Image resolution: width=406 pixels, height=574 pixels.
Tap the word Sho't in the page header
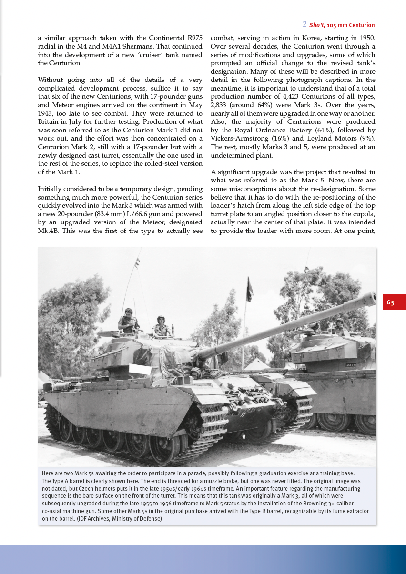316,25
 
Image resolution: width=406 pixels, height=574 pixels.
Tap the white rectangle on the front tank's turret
140,369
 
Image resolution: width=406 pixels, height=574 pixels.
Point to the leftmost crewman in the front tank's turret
127,321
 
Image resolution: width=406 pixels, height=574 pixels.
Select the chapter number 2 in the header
304,24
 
